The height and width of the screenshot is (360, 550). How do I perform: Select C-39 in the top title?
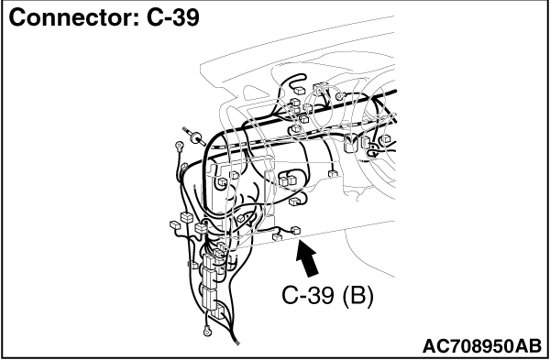(x=173, y=17)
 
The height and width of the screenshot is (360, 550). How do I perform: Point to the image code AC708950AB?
(x=482, y=346)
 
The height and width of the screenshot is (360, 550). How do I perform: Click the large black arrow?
(x=306, y=258)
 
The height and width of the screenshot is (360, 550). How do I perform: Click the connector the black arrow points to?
(x=296, y=230)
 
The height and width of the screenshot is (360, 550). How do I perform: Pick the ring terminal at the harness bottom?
(x=207, y=330)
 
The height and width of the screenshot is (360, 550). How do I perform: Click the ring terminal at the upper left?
(x=180, y=145)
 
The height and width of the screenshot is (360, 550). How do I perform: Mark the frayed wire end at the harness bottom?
(x=236, y=341)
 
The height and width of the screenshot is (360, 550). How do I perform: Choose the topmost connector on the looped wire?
(x=299, y=91)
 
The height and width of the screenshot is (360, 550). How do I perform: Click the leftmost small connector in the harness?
(x=175, y=224)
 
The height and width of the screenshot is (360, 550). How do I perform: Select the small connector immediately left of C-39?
(x=277, y=237)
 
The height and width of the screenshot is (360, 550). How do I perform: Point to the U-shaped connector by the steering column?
(x=350, y=143)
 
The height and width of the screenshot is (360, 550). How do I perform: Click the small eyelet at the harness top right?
(x=338, y=96)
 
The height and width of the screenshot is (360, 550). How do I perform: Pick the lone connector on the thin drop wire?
(x=333, y=173)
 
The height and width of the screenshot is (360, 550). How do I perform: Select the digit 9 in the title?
(x=192, y=17)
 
